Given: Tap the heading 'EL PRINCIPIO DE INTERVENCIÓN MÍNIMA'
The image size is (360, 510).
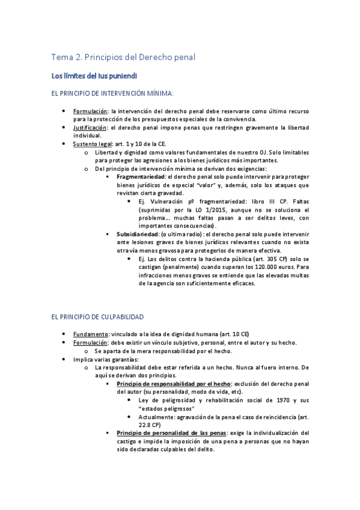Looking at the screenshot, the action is click(112, 94).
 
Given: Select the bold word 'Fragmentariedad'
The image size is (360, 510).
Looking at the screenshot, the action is click(142, 177).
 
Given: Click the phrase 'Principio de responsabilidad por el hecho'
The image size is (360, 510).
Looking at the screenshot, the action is click(172, 383).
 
